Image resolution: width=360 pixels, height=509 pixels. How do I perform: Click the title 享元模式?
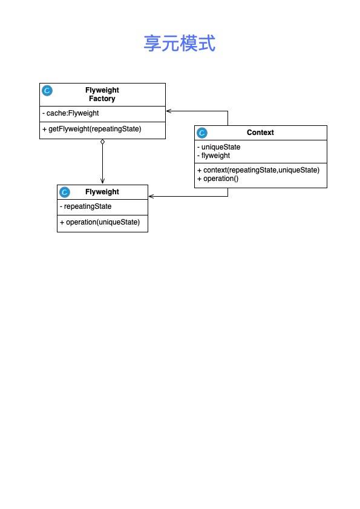pyautogui.click(x=180, y=43)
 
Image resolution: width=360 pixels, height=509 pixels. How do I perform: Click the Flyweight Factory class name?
pyautogui.click(x=102, y=94)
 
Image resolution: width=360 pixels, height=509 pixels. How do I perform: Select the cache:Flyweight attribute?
pyautogui.click(x=70, y=113)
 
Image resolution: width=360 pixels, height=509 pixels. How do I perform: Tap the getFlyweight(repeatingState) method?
pyautogui.click(x=92, y=129)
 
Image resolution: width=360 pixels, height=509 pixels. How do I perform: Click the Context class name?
pyautogui.click(x=260, y=133)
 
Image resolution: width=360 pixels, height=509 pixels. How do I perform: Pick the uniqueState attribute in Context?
pyautogui.click(x=219, y=147)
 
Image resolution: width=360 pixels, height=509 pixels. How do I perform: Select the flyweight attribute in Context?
pyautogui.click(x=214, y=156)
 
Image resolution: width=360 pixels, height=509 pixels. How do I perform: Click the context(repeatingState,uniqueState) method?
pyautogui.click(x=258, y=170)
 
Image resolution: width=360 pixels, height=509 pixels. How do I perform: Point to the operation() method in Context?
pyautogui.click(x=218, y=179)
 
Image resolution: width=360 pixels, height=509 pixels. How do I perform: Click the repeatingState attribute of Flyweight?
pyautogui.click(x=86, y=206)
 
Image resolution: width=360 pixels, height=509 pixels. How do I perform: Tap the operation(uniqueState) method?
pyautogui.click(x=100, y=222)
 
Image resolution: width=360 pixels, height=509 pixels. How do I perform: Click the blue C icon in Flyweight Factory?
pyautogui.click(x=47, y=91)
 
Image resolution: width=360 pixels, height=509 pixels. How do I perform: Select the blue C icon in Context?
pyautogui.click(x=202, y=133)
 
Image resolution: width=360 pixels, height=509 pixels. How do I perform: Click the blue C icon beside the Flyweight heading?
pyautogui.click(x=65, y=192)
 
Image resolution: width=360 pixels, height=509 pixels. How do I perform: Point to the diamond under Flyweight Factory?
pyautogui.click(x=103, y=142)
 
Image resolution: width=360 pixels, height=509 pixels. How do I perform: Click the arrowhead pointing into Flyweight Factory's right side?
pyautogui.click(x=168, y=111)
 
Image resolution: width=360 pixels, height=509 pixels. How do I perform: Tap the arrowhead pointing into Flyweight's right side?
pyautogui.click(x=151, y=196)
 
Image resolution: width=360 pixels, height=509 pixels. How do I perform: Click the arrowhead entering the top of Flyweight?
pyautogui.click(x=103, y=182)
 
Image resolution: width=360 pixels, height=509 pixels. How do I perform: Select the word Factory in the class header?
pyautogui.click(x=102, y=99)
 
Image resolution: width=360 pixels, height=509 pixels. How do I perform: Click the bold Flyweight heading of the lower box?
pyautogui.click(x=102, y=192)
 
